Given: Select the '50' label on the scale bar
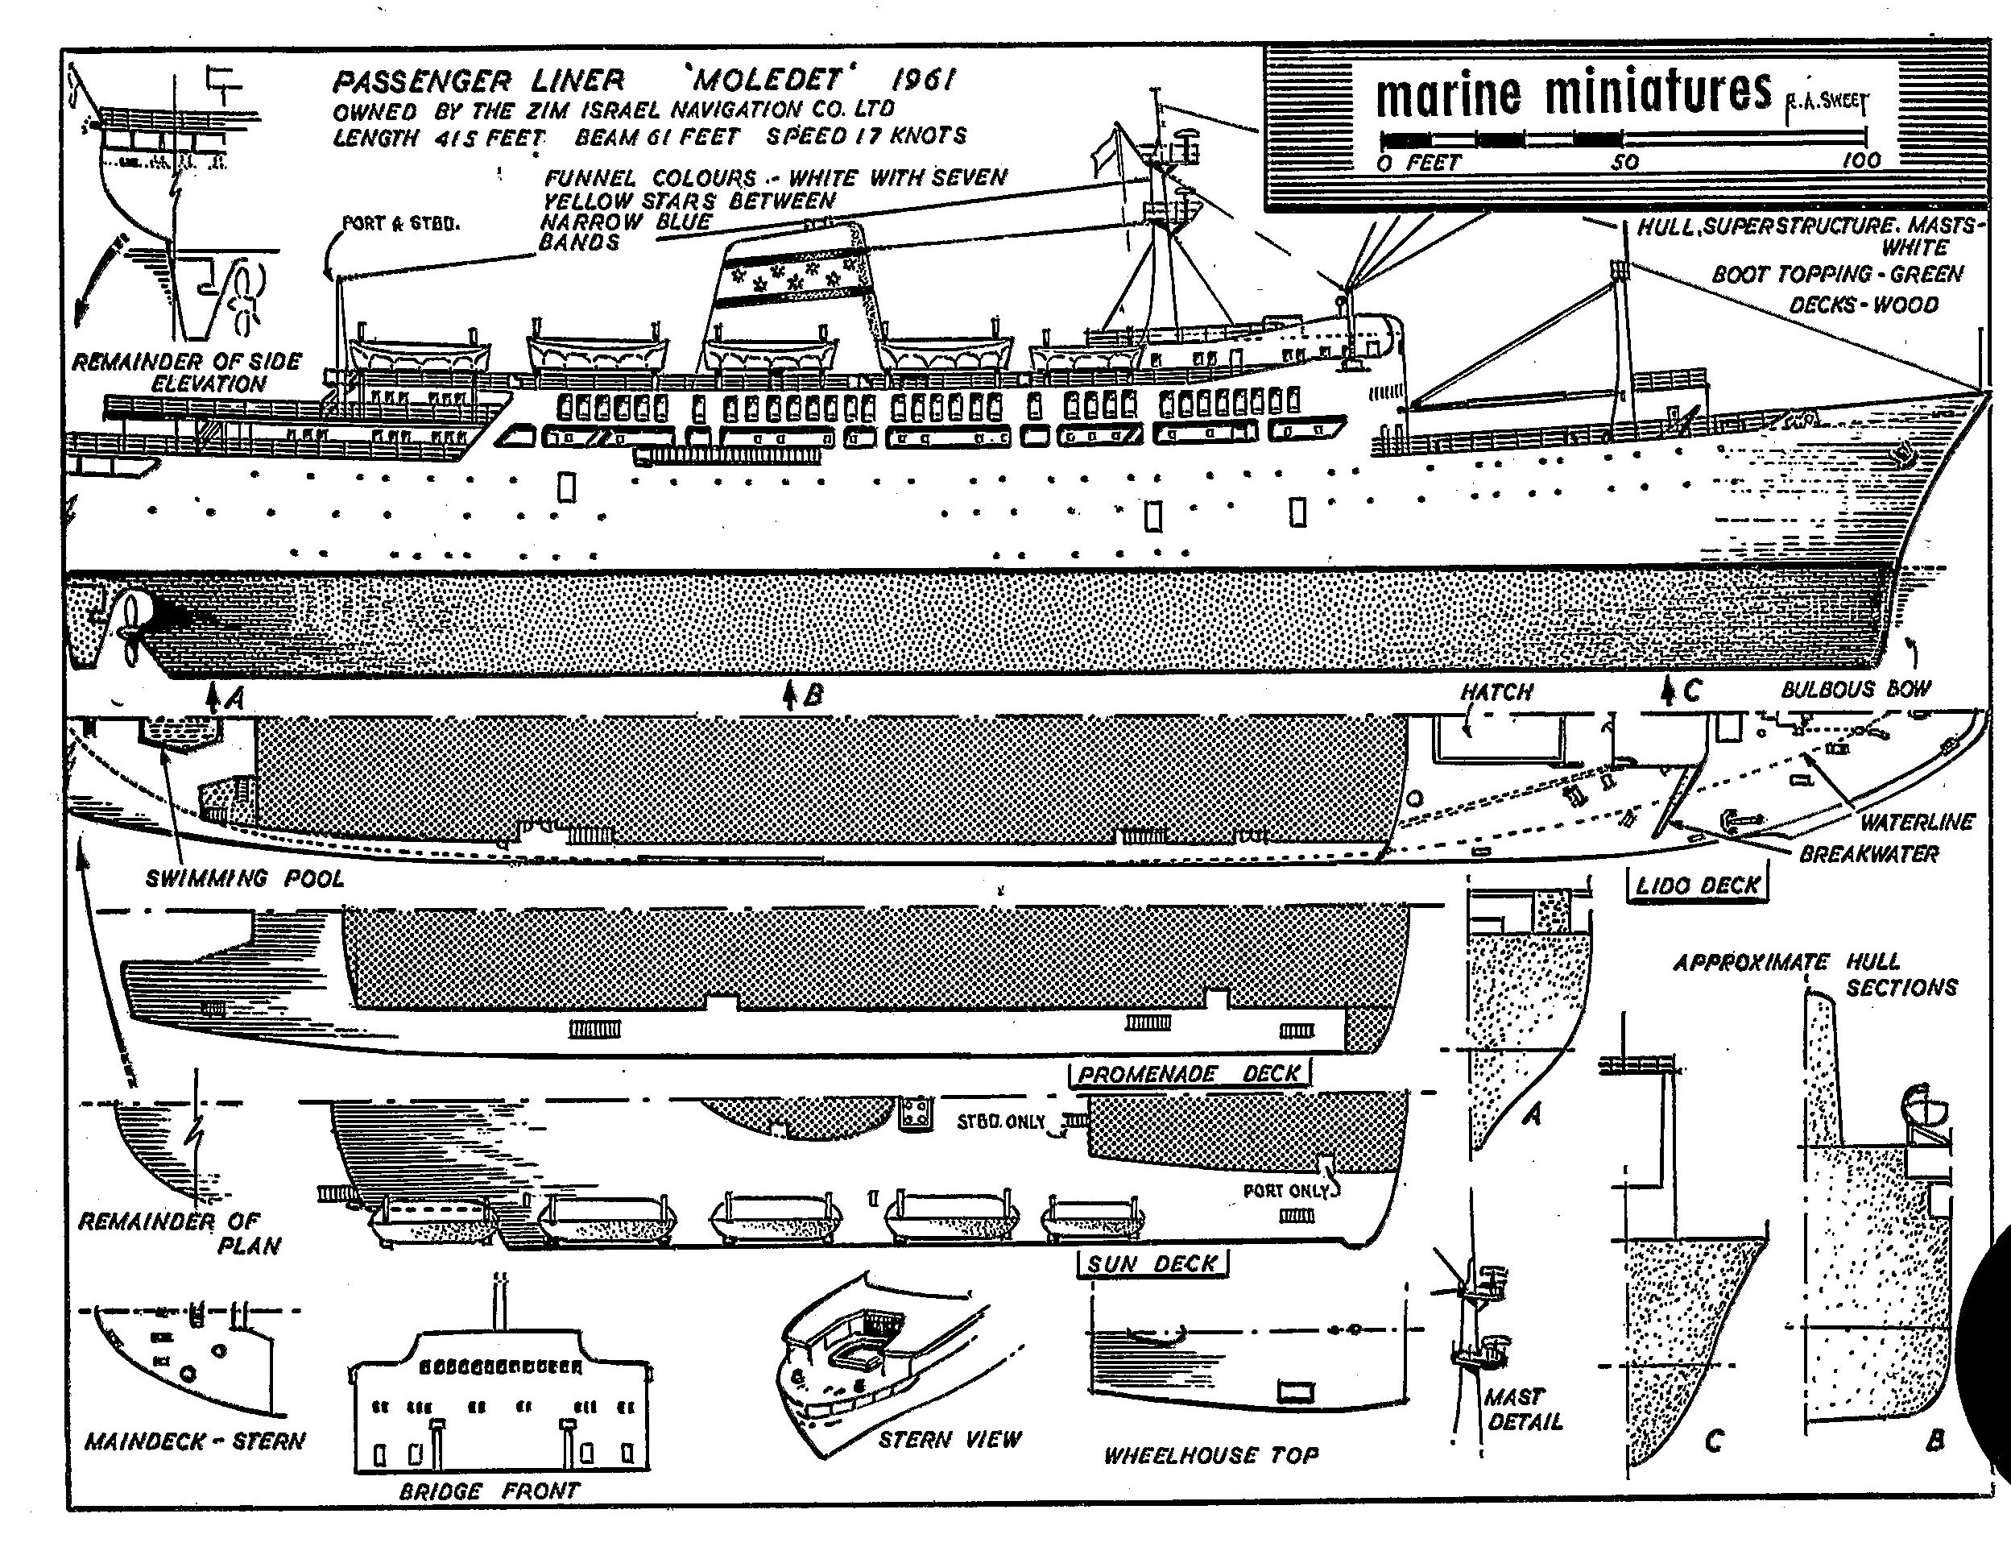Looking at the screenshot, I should [x=1624, y=162].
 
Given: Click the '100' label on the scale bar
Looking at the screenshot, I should [x=1860, y=160].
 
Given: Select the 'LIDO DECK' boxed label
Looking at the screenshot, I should [x=1697, y=886].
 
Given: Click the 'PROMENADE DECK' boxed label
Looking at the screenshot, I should [x=1189, y=1074].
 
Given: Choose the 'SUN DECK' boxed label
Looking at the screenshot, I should [x=1152, y=1263].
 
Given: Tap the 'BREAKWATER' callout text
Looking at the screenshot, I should [x=1868, y=854].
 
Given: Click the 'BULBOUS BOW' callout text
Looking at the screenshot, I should [x=1856, y=689].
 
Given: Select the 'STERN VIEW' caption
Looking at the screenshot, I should [x=950, y=1439].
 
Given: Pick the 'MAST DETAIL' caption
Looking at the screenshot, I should [x=1524, y=1409].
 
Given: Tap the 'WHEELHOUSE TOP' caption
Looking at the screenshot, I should [x=1210, y=1455].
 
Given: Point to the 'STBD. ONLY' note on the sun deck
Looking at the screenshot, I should [x=1001, y=1121].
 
